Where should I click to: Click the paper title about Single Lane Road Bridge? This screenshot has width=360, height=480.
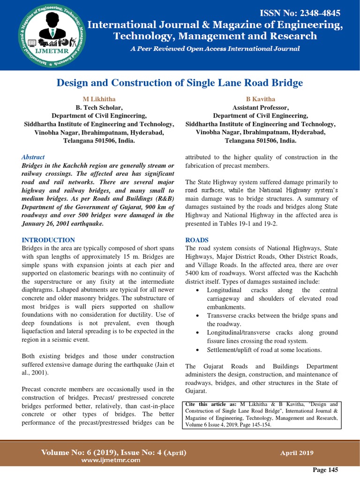pyautogui.click(x=180, y=83)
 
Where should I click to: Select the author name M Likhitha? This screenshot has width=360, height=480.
pyautogui.click(x=99, y=99)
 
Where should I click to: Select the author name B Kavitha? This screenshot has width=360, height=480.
pyautogui.click(x=261, y=99)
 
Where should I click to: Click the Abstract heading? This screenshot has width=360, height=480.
pyautogui.click(x=33, y=157)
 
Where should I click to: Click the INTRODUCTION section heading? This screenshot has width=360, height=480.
pyautogui.click(x=48, y=240)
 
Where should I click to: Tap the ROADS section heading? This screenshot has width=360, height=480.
pyautogui.click(x=197, y=240)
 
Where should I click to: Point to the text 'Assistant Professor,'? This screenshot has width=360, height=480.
pyautogui.click(x=261, y=107)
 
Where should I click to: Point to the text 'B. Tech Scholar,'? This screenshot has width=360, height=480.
pyautogui.click(x=99, y=107)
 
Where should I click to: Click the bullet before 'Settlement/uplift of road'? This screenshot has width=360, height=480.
pyautogui.click(x=197, y=350)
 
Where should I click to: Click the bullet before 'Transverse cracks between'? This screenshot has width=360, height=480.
pyautogui.click(x=197, y=315)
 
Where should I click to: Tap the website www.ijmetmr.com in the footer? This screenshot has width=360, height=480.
pyautogui.click(x=111, y=460)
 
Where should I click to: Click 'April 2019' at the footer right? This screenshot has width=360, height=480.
pyautogui.click(x=297, y=453)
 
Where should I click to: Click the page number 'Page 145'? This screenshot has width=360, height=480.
pyautogui.click(x=325, y=470)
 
